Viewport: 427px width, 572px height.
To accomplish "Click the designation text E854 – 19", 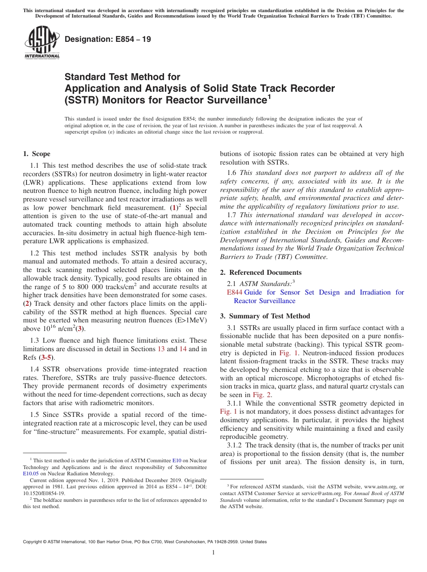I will click(108, 40).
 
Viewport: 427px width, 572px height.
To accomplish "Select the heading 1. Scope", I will click(36, 154).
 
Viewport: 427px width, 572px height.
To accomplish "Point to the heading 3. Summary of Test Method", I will click(265, 316).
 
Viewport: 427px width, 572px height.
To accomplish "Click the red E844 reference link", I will click(235, 292).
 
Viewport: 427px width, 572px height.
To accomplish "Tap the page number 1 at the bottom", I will click(213, 553).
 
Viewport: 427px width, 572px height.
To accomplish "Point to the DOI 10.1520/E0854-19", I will click(42, 493).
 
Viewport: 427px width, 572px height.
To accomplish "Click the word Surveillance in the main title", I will click(231, 100).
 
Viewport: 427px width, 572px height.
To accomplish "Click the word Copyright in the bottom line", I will click(35, 542).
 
